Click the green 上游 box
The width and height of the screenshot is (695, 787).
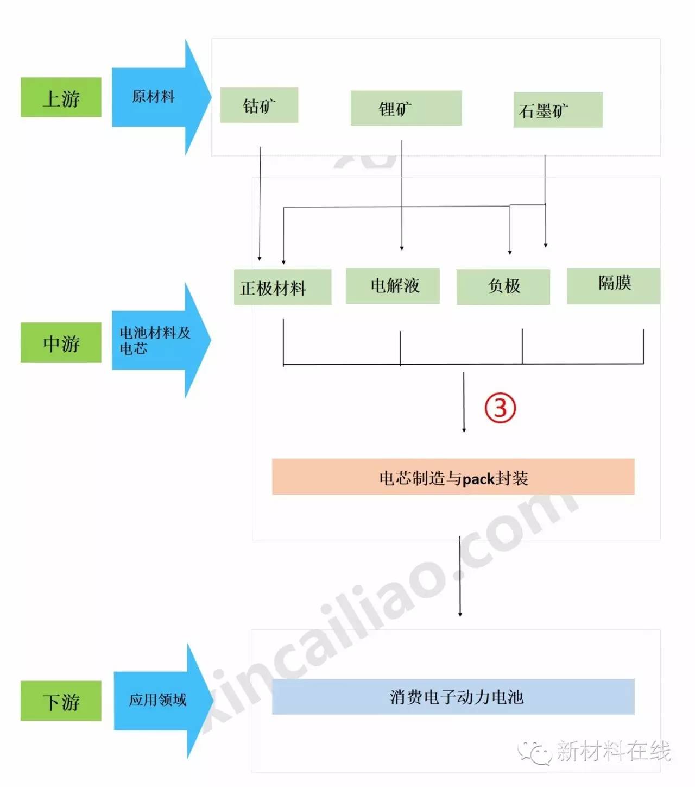pyautogui.click(x=61, y=97)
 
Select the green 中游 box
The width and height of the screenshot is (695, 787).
pyautogui.click(x=61, y=342)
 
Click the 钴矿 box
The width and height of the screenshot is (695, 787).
pyautogui.click(x=259, y=105)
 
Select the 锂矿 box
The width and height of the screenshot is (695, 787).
pyautogui.click(x=406, y=108)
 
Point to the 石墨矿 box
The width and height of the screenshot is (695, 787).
pyautogui.click(x=558, y=110)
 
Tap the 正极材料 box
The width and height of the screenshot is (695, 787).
pyautogui.click(x=282, y=286)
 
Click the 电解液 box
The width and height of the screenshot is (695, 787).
pyautogui.click(x=393, y=286)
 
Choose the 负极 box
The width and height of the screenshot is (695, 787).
pyautogui.click(x=503, y=286)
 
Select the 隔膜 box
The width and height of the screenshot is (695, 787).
pyautogui.click(x=614, y=286)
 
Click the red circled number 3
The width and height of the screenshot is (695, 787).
pyautogui.click(x=500, y=408)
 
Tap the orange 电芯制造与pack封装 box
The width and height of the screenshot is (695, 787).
pyautogui.click(x=453, y=477)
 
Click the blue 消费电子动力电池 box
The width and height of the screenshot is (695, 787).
pyautogui.click(x=453, y=696)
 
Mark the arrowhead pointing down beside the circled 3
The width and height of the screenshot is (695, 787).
pyautogui.click(x=464, y=430)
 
